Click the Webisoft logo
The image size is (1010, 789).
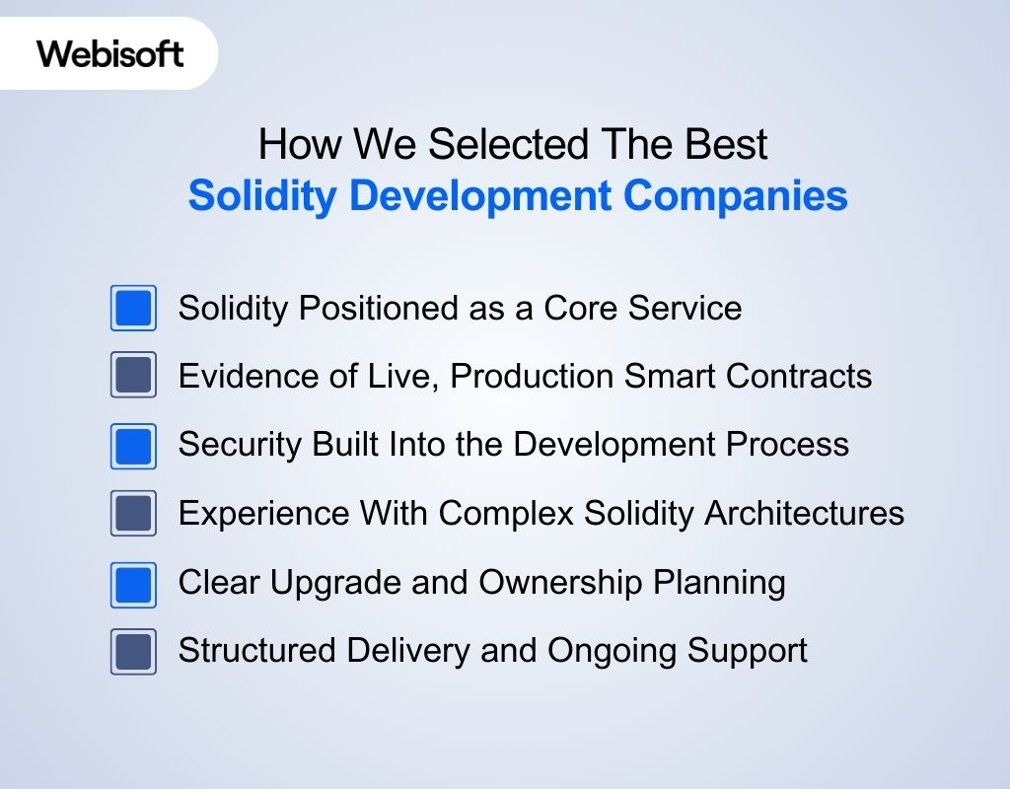(x=110, y=52)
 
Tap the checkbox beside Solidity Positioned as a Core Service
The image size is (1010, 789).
(x=133, y=308)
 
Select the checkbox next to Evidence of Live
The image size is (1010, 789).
(x=133, y=376)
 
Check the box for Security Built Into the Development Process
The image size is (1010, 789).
(x=133, y=445)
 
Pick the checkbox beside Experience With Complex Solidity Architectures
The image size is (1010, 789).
(x=133, y=514)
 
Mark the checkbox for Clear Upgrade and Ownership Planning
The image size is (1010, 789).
(x=133, y=583)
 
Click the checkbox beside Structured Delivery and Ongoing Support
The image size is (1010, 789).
(x=133, y=651)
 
